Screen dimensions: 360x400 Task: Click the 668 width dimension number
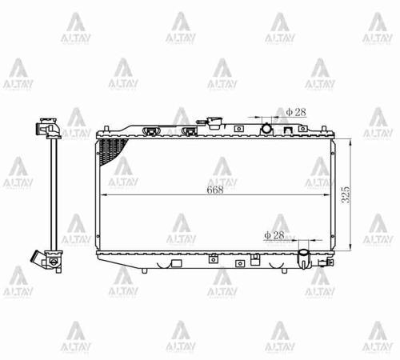[x=214, y=190]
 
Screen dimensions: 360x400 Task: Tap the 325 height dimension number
[x=346, y=194]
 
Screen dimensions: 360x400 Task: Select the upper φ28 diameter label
[x=295, y=113]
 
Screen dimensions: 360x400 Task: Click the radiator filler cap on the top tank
[x=214, y=124]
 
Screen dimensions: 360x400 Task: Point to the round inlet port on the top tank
[x=266, y=128]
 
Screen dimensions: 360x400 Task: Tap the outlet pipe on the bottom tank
[x=304, y=258]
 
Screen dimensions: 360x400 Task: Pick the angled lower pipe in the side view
[x=39, y=258]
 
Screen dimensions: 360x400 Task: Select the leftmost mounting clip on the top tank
[x=148, y=129]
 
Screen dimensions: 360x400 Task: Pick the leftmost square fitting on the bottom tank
[x=213, y=258]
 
